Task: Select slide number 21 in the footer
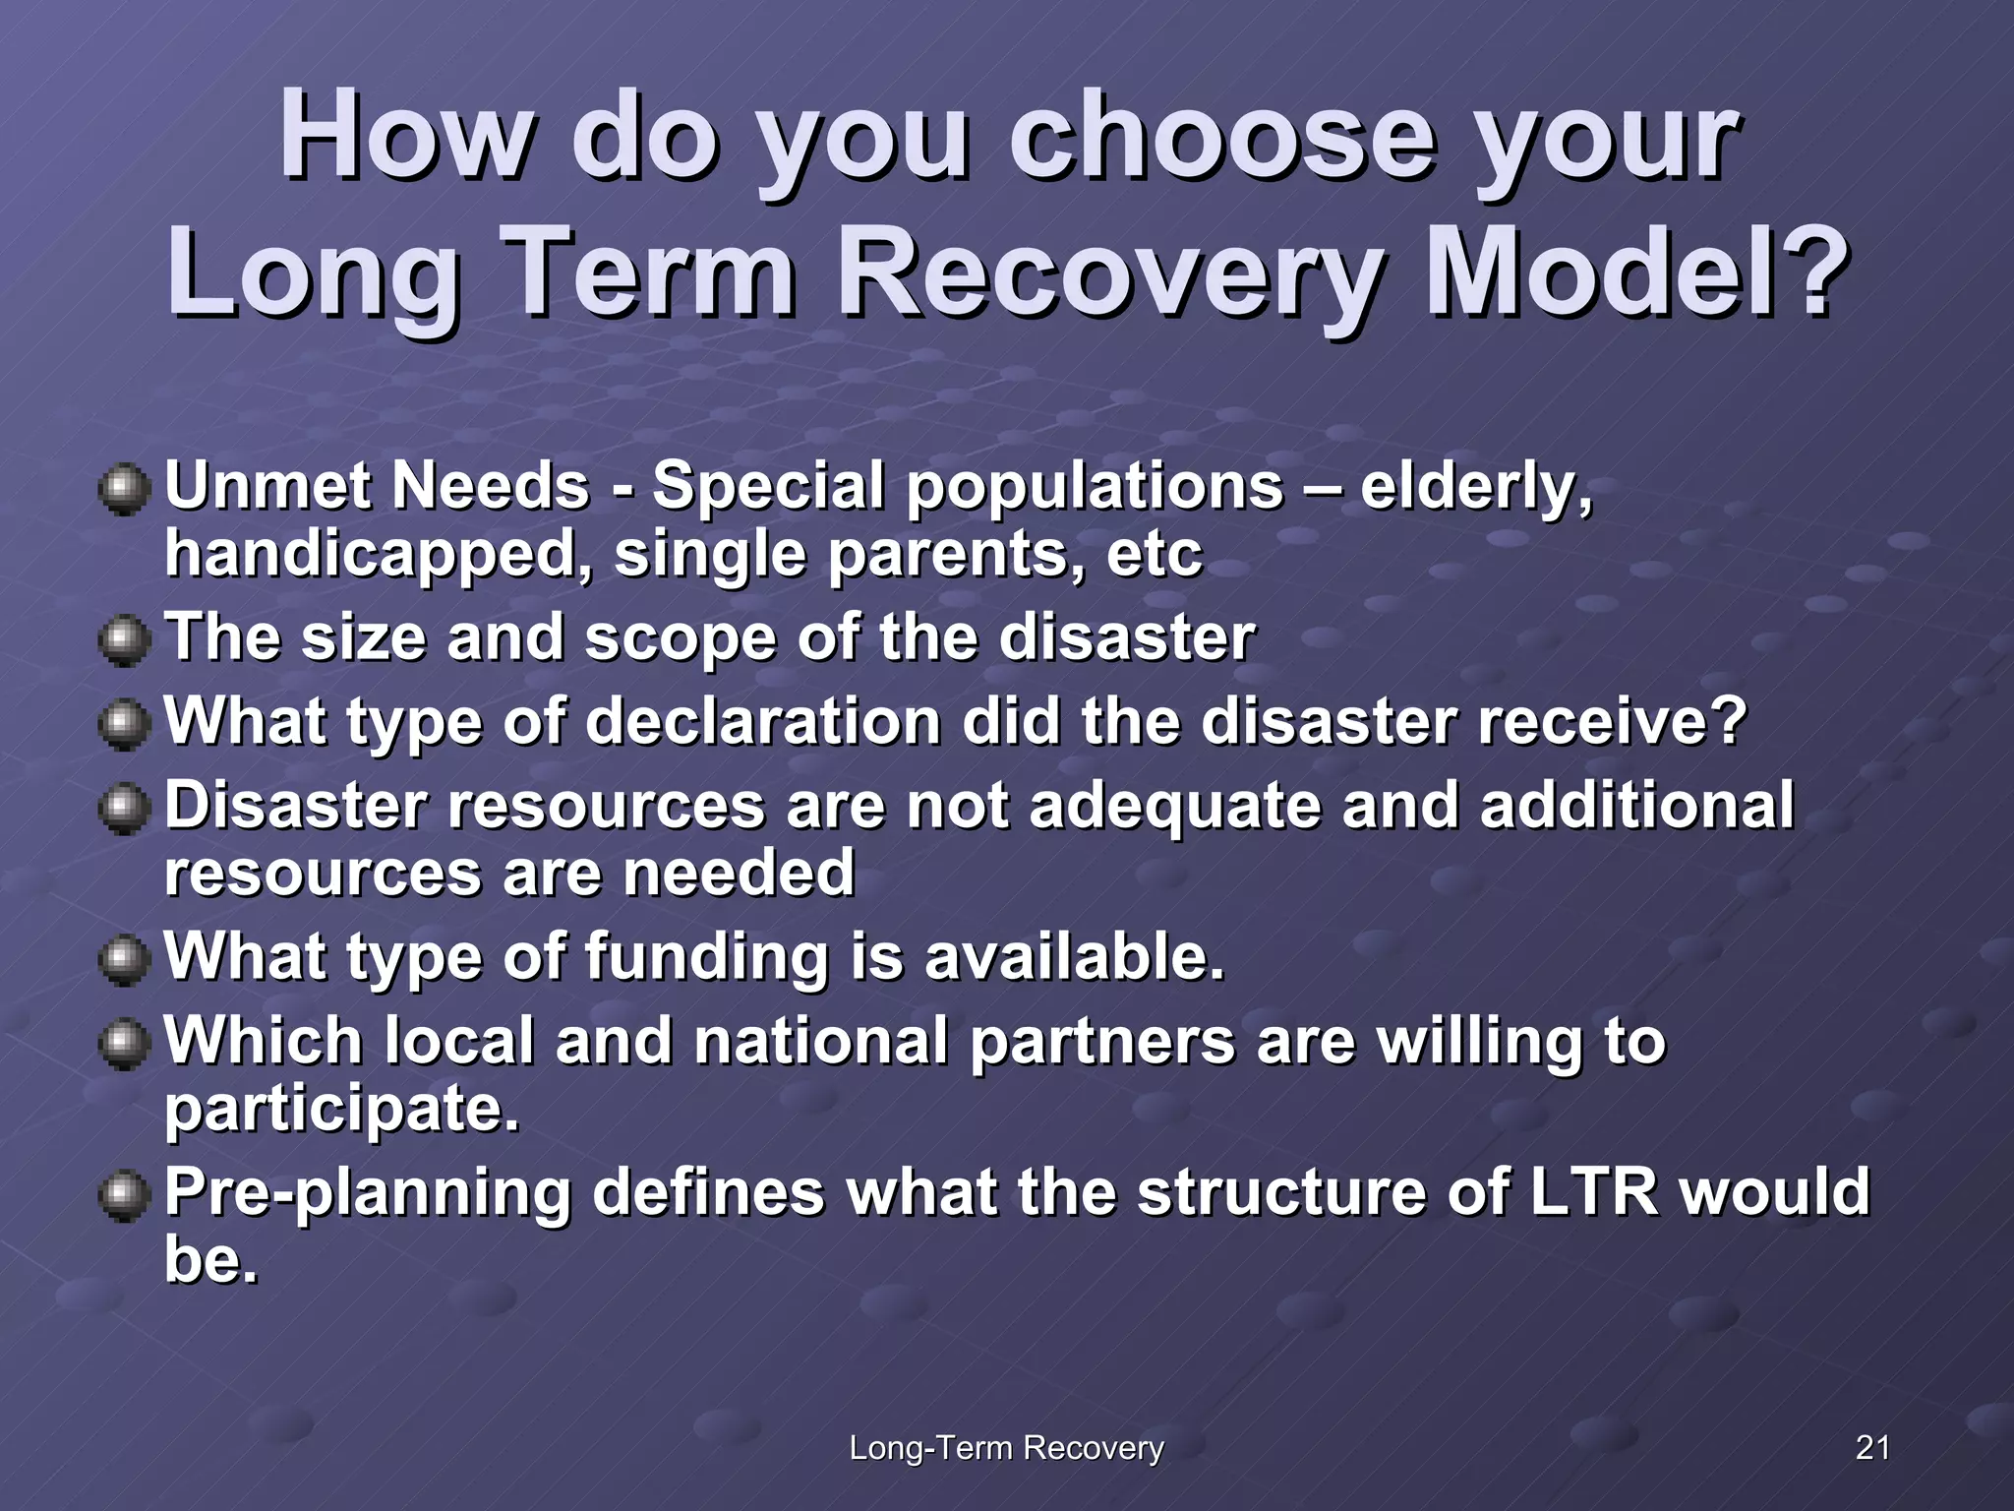[x=1872, y=1447]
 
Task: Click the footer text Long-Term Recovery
[x=1006, y=1448]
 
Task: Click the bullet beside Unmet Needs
[x=124, y=489]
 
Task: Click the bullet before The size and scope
[x=124, y=640]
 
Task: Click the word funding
[x=707, y=957]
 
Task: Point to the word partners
[x=1101, y=1041]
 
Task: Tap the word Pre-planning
[x=367, y=1193]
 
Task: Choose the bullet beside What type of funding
[x=124, y=959]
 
